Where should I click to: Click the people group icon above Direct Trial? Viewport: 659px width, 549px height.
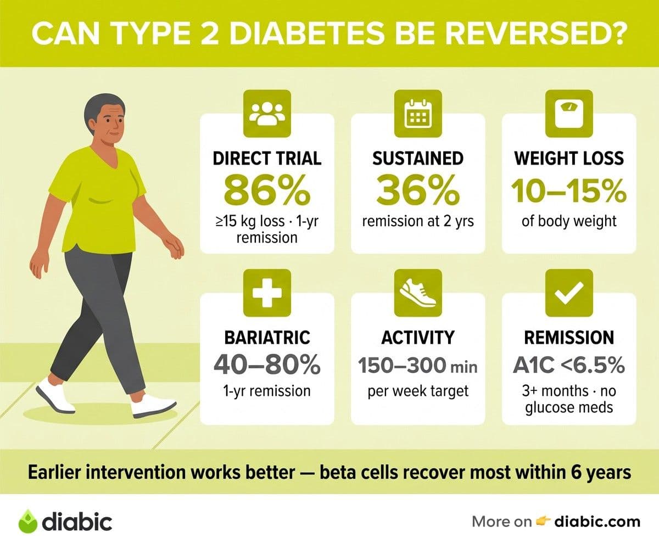coord(267,114)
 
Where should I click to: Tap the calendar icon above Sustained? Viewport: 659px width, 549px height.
coord(418,114)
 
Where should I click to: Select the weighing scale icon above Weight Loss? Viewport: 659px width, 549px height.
coord(569,114)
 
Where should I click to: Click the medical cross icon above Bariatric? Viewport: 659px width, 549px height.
coord(267,293)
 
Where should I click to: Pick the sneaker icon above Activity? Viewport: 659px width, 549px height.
coord(418,293)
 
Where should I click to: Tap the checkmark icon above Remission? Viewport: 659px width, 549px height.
coord(569,293)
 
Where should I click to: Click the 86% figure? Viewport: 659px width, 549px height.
coord(267,191)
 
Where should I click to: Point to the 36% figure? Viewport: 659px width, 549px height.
coord(418,191)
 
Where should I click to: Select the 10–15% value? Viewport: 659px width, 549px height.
coord(569,191)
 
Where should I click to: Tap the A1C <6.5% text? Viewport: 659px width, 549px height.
coord(569,366)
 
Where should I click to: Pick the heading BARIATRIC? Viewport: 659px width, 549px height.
coord(267,338)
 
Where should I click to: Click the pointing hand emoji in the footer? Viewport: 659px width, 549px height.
coord(543,521)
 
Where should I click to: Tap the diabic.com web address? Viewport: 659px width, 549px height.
coord(597,522)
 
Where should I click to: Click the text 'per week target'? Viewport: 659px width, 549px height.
coord(418,391)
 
